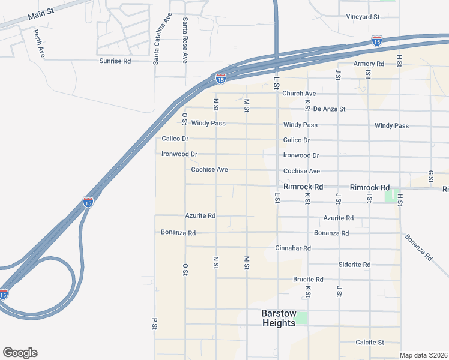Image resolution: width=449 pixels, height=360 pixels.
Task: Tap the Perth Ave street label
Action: coord(39,43)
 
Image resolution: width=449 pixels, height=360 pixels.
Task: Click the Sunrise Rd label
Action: coord(115,61)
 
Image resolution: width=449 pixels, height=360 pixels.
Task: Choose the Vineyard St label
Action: coord(363,17)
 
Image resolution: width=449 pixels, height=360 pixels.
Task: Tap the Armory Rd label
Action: coord(369,64)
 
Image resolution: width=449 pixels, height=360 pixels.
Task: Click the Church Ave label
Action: coord(299,94)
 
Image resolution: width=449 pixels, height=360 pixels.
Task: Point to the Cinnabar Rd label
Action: coord(293,248)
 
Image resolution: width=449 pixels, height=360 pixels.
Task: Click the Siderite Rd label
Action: coord(355,264)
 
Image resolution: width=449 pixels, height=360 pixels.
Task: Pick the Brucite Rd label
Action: coord(308,280)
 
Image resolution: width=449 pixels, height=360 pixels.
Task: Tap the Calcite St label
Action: coord(369,342)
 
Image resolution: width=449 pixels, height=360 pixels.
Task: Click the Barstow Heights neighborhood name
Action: coord(279,318)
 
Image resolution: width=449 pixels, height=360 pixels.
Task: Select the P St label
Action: coord(154,323)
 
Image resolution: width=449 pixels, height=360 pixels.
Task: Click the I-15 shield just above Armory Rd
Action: coord(376,41)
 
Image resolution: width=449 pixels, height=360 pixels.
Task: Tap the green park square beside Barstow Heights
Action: coord(301,317)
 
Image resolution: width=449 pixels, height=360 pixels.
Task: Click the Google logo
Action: coord(20,353)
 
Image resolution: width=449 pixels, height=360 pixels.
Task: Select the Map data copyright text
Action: coord(423,355)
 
